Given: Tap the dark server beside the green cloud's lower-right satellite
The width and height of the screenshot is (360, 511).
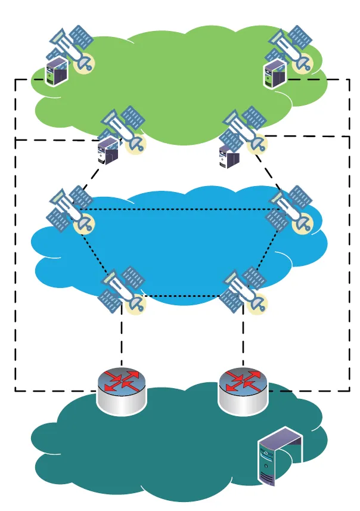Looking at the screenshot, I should [x=229, y=157].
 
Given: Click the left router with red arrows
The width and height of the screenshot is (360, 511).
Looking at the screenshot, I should [x=121, y=391].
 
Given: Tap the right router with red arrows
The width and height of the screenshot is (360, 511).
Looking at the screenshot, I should [x=243, y=391].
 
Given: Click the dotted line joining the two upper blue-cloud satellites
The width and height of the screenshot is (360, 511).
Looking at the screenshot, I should [x=179, y=209].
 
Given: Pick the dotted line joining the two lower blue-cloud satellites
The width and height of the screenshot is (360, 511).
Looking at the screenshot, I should [x=185, y=296].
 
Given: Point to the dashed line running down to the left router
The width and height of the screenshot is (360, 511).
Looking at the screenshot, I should [x=122, y=340].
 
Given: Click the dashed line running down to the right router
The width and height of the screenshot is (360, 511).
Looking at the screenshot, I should [x=243, y=340].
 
